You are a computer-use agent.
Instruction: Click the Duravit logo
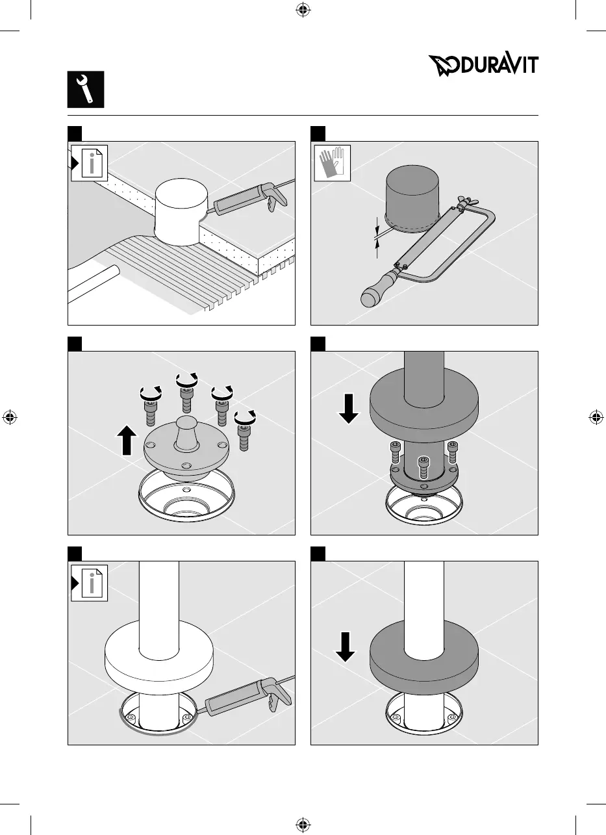click(x=483, y=66)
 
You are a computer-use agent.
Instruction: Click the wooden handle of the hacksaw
click(x=376, y=290)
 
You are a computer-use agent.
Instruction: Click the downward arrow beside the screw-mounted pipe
click(x=349, y=408)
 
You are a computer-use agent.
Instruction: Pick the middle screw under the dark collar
click(x=423, y=469)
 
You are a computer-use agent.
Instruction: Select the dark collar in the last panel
click(x=423, y=656)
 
